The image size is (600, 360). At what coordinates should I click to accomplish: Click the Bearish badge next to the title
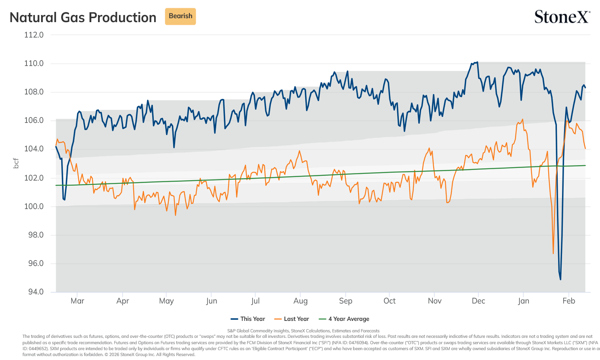pyautogui.click(x=180, y=16)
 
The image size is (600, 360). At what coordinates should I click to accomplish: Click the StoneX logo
pyautogui.click(x=562, y=17)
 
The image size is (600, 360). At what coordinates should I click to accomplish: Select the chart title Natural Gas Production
pyautogui.click(x=83, y=17)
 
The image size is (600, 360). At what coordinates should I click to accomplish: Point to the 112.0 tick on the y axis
pyautogui.click(x=34, y=35)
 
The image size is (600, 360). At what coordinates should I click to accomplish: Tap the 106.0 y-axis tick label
pyautogui.click(x=34, y=120)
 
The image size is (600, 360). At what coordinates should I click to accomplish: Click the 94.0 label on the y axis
pyautogui.click(x=36, y=292)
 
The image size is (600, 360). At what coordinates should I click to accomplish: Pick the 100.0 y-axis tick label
pyautogui.click(x=34, y=206)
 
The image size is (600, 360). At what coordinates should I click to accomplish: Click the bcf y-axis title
pyautogui.click(x=16, y=163)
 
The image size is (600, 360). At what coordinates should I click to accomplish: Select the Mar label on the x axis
pyautogui.click(x=77, y=301)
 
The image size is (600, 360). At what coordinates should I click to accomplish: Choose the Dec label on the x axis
pyautogui.click(x=478, y=301)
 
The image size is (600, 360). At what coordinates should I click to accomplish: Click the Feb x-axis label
pyautogui.click(x=569, y=301)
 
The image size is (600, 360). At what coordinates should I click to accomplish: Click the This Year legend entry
pyautogui.click(x=248, y=319)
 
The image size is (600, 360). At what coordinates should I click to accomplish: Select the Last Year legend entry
pyautogui.click(x=292, y=319)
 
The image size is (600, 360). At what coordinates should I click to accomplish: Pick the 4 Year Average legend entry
pyautogui.click(x=344, y=319)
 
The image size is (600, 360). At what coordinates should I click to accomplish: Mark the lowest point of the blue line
pyautogui.click(x=560, y=280)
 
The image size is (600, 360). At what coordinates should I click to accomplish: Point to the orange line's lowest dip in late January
pyautogui.click(x=553, y=253)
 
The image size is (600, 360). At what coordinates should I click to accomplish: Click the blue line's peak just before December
pyautogui.click(x=477, y=62)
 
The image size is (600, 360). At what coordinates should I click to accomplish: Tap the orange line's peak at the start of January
pyautogui.click(x=523, y=119)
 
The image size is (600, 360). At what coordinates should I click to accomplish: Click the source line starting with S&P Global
pyautogui.click(x=303, y=331)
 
